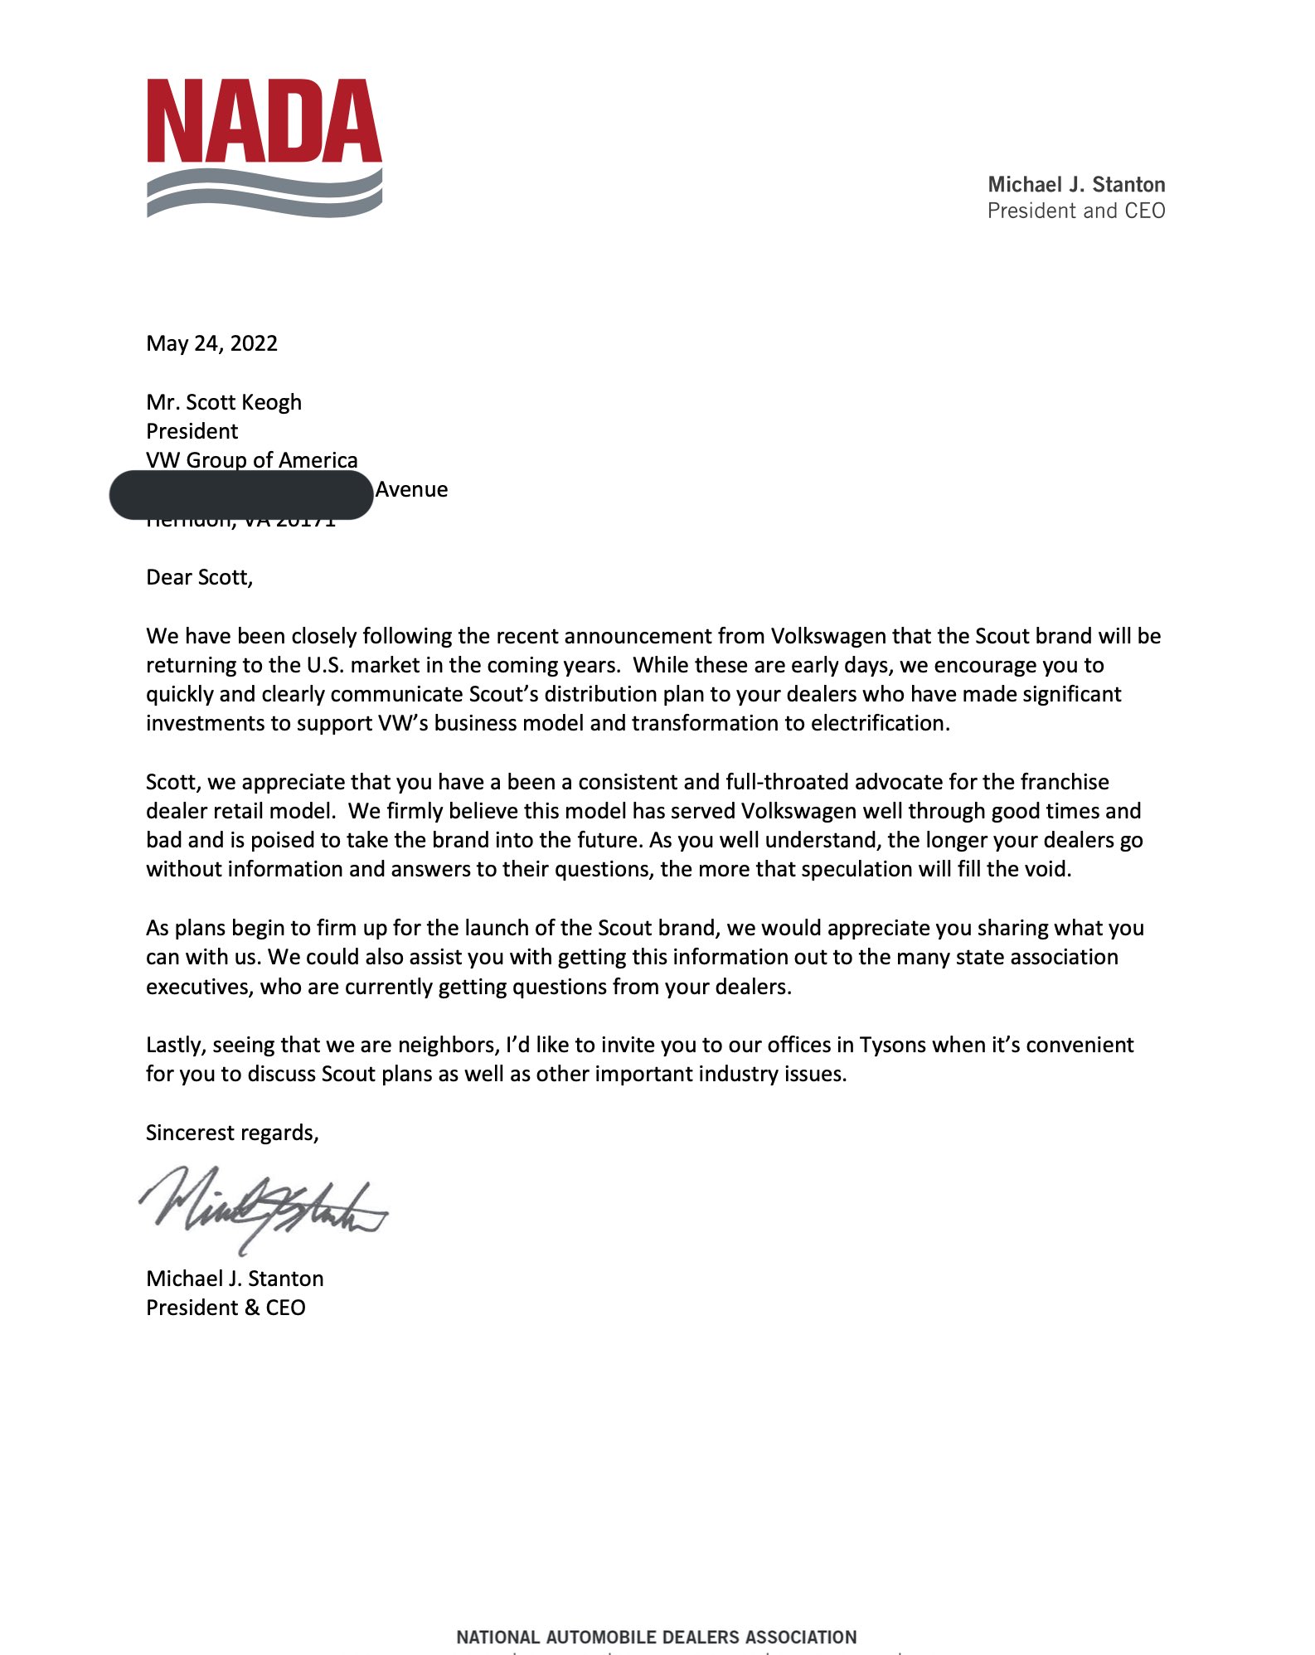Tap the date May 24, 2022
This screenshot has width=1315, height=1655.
coord(211,343)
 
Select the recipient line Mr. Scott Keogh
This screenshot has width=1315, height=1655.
coord(224,402)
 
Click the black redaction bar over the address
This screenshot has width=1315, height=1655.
coord(241,495)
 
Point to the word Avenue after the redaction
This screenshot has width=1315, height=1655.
coord(411,489)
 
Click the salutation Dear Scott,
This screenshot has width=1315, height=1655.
coord(199,577)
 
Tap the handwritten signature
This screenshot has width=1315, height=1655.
coord(261,1206)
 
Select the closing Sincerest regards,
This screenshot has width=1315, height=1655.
coord(232,1133)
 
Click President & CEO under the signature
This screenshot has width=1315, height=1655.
coord(226,1308)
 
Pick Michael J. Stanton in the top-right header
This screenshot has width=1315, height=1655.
coord(1076,184)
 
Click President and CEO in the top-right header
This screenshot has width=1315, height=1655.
coord(1076,211)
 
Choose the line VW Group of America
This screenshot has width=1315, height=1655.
coord(252,460)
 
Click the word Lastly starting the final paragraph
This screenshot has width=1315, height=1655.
coord(176,1045)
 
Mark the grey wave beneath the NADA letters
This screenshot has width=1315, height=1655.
coord(264,194)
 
